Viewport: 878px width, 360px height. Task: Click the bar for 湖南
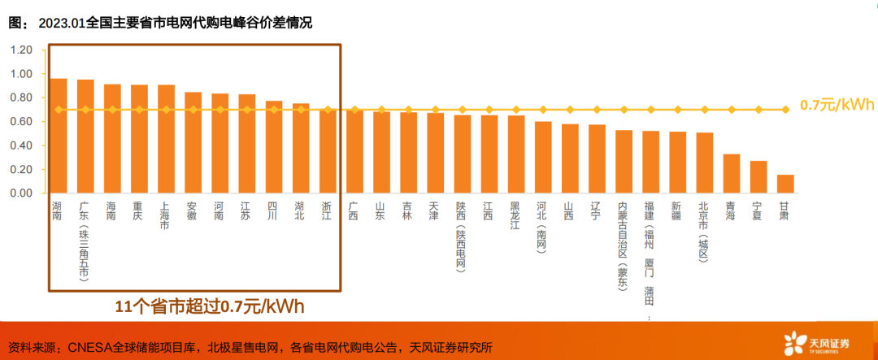click(59, 136)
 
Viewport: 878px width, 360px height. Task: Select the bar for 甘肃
click(785, 184)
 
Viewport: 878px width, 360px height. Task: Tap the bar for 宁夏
click(758, 177)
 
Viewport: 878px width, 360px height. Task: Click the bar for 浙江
click(328, 151)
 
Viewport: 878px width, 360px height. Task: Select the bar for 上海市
click(166, 139)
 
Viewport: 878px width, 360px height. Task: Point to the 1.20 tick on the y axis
click(21, 50)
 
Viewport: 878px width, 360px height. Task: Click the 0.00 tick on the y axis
click(21, 193)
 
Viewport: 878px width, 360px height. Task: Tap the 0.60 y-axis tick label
click(21, 122)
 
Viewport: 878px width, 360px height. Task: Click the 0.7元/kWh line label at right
click(837, 106)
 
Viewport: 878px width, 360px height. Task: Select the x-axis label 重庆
click(139, 210)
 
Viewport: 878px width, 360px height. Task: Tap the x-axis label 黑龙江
click(515, 215)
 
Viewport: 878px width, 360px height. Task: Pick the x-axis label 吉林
click(408, 210)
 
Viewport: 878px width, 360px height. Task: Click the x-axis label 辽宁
click(596, 210)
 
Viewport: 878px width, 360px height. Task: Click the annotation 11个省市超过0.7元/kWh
click(210, 306)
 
